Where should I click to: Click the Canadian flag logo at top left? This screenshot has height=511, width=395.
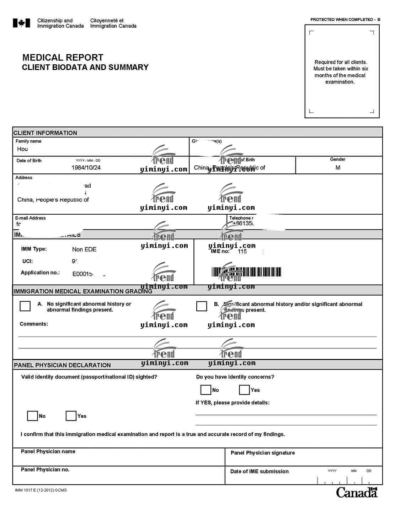(21, 23)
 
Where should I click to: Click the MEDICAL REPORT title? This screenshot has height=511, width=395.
(63, 58)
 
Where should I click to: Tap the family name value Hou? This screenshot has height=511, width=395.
(22, 149)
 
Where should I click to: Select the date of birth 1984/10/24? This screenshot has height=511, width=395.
(86, 168)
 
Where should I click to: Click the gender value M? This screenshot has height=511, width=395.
(338, 168)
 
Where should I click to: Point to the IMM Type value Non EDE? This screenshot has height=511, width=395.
(84, 249)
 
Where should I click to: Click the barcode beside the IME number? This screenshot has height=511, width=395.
(246, 272)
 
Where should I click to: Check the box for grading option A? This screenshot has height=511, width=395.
(25, 306)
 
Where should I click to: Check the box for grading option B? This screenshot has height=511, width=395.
(202, 306)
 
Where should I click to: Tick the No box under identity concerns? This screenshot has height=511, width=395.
(205, 390)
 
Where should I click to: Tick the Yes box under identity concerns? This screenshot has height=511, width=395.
(244, 390)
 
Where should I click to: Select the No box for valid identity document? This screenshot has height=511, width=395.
(32, 416)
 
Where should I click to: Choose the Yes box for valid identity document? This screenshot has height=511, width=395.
(71, 416)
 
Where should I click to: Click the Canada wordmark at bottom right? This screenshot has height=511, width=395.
(357, 493)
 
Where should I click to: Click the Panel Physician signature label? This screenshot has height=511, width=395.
(263, 453)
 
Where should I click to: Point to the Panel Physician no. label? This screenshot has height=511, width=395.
(45, 469)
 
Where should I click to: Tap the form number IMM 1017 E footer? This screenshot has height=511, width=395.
(41, 490)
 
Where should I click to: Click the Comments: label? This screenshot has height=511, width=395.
(34, 324)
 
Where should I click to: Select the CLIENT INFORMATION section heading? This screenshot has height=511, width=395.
(45, 133)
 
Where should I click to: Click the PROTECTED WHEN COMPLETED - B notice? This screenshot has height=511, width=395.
(345, 20)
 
